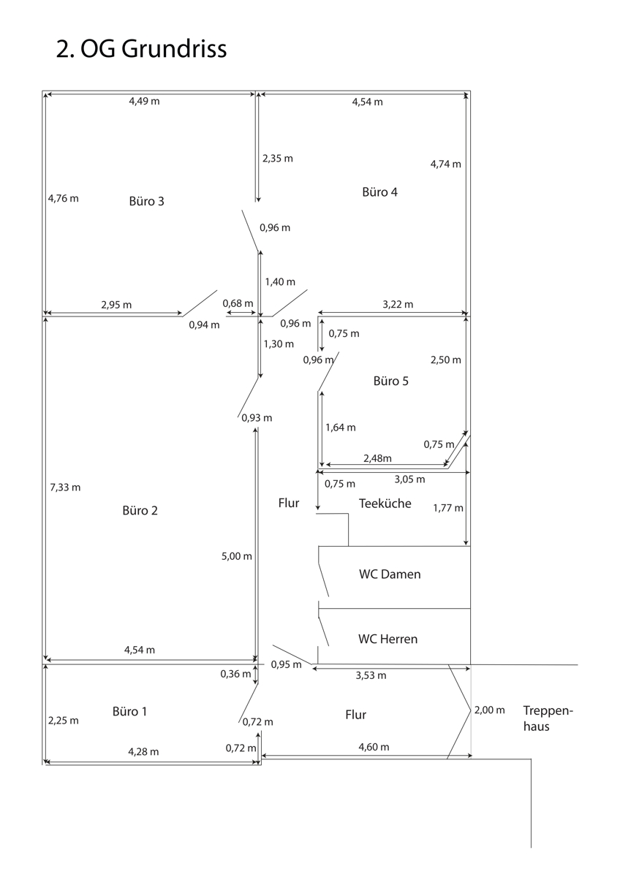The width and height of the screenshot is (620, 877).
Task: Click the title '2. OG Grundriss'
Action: click(x=141, y=49)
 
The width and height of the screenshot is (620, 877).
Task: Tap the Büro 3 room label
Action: click(x=146, y=202)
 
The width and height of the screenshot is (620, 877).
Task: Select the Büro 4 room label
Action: click(x=380, y=192)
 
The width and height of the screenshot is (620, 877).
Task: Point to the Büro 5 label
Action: click(x=391, y=381)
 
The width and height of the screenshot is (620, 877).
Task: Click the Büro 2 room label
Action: click(x=140, y=511)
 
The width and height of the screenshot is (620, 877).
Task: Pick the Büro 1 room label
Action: click(x=130, y=711)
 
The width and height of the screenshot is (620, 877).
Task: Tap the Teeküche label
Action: click(x=385, y=504)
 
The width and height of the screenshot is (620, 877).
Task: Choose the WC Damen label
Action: click(x=390, y=574)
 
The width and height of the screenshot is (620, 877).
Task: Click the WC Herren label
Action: click(x=387, y=639)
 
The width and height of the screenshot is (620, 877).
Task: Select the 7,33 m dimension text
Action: click(x=64, y=487)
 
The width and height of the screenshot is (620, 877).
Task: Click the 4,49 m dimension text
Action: click(x=144, y=102)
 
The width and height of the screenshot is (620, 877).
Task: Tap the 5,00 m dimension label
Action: click(x=236, y=556)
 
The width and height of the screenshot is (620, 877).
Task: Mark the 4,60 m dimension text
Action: click(x=374, y=747)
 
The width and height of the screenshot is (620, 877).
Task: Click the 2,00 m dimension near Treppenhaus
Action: click(x=489, y=710)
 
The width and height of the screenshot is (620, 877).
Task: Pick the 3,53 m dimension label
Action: click(x=371, y=675)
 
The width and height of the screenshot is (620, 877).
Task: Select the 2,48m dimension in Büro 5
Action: click(x=377, y=458)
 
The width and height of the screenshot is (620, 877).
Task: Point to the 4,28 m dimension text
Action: click(x=143, y=751)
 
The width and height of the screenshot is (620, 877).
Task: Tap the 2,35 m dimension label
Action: click(x=277, y=158)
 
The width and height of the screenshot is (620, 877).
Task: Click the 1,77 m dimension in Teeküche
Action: click(x=447, y=507)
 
